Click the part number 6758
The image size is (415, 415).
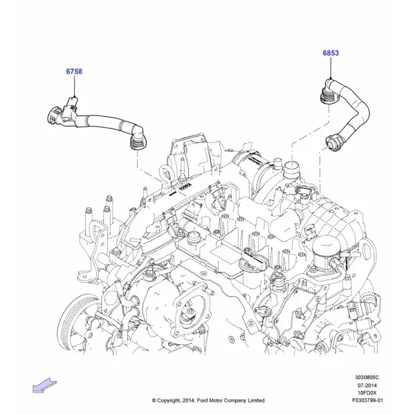74,71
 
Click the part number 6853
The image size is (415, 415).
331,53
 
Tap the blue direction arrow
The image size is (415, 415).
44,385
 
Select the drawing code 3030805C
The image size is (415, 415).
367,378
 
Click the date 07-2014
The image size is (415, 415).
367,385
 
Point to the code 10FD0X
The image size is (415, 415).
367,393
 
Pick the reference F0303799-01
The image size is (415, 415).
367,400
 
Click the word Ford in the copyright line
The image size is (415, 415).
203,400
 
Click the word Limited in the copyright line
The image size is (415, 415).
256,400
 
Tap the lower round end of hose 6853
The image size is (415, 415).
333,143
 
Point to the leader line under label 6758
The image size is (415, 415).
75,86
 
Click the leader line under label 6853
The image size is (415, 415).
331,68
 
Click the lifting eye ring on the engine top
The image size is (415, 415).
165,174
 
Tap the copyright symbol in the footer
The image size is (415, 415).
154,400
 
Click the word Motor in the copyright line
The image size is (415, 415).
216,400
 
